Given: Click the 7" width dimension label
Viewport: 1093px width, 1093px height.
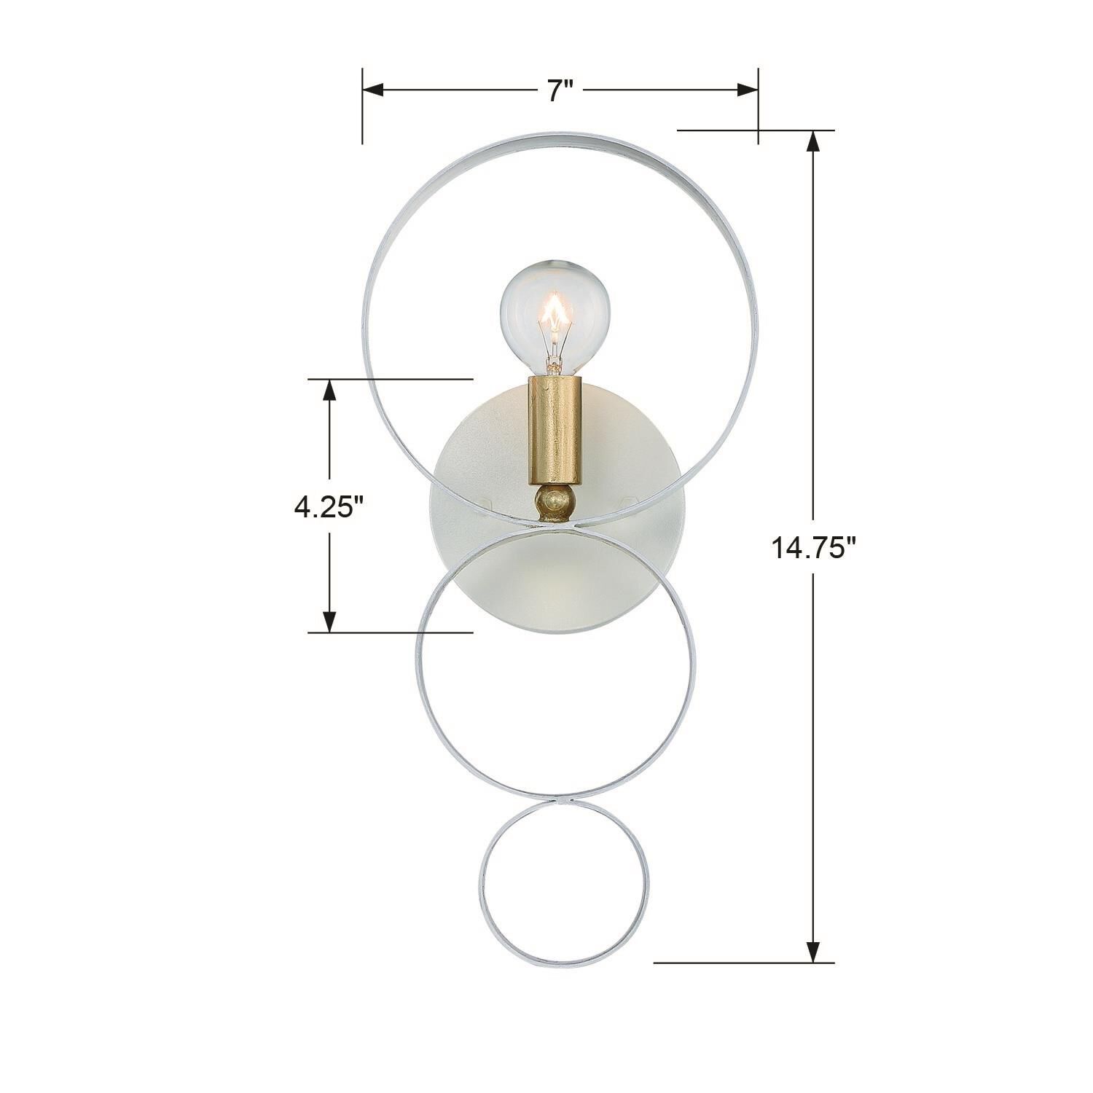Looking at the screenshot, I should click(560, 91).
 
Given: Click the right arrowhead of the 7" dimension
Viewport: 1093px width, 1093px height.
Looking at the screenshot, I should click(748, 90).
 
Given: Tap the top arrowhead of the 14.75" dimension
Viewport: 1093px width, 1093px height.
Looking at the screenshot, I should click(814, 141).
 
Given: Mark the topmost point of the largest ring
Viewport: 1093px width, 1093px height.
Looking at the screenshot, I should click(560, 136).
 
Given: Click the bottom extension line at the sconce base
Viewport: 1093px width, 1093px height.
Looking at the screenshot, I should click(743, 963).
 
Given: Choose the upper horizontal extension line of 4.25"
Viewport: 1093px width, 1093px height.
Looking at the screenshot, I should click(390, 379).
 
